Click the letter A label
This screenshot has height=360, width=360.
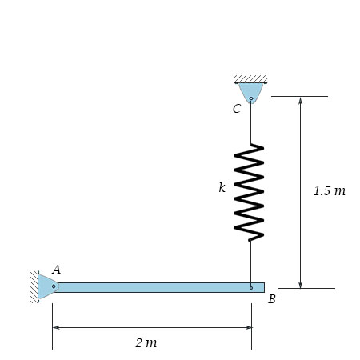56,270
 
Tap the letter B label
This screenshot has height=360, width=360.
272,299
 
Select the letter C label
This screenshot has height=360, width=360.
237,109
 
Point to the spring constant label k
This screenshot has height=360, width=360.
222,187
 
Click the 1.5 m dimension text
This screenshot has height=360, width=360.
330,191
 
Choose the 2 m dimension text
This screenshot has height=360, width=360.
146,342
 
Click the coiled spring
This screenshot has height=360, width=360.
249,192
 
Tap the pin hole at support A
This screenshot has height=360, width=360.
54,286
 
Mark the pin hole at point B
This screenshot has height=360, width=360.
251,288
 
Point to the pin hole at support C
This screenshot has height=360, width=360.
251,98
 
